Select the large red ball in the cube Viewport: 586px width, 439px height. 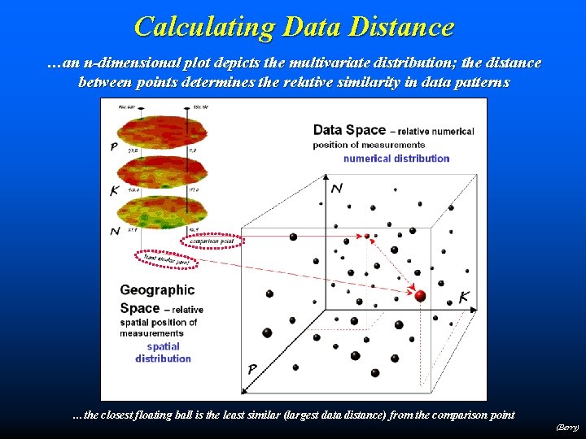(x=420, y=296)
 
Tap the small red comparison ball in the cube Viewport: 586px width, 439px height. (x=367, y=236)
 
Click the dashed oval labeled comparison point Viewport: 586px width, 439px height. (x=212, y=241)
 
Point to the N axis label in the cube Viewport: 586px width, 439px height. (x=337, y=189)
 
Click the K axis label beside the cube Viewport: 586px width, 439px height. (x=463, y=298)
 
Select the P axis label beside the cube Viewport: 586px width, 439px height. (x=252, y=370)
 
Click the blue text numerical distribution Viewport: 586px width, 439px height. (x=396, y=159)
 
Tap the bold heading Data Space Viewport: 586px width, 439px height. (x=349, y=130)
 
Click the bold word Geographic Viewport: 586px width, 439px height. (x=157, y=289)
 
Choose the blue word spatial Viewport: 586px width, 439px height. (x=164, y=346)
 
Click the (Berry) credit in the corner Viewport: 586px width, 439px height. (x=567, y=427)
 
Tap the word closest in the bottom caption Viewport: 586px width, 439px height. (x=126, y=415)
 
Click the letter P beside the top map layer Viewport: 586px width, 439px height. (x=112, y=146)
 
